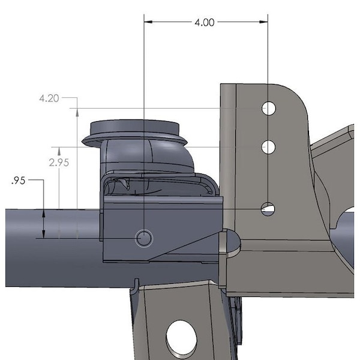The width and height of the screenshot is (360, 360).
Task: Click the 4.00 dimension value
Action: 205,23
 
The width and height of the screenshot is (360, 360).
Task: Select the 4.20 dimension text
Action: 49,98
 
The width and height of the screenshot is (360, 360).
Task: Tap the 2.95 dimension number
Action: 59,163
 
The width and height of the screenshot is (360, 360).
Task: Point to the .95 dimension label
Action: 19,181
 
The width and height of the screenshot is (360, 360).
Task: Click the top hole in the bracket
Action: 269,108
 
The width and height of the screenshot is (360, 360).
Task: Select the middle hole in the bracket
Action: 268,147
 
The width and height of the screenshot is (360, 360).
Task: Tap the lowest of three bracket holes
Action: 268,209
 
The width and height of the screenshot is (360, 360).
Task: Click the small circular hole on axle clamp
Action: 144,238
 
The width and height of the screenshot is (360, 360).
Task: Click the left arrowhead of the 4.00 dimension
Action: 148,22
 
